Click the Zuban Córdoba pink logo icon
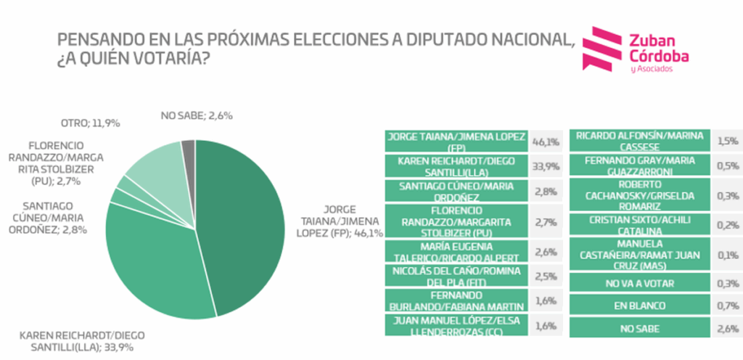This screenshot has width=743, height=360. point(608,49)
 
